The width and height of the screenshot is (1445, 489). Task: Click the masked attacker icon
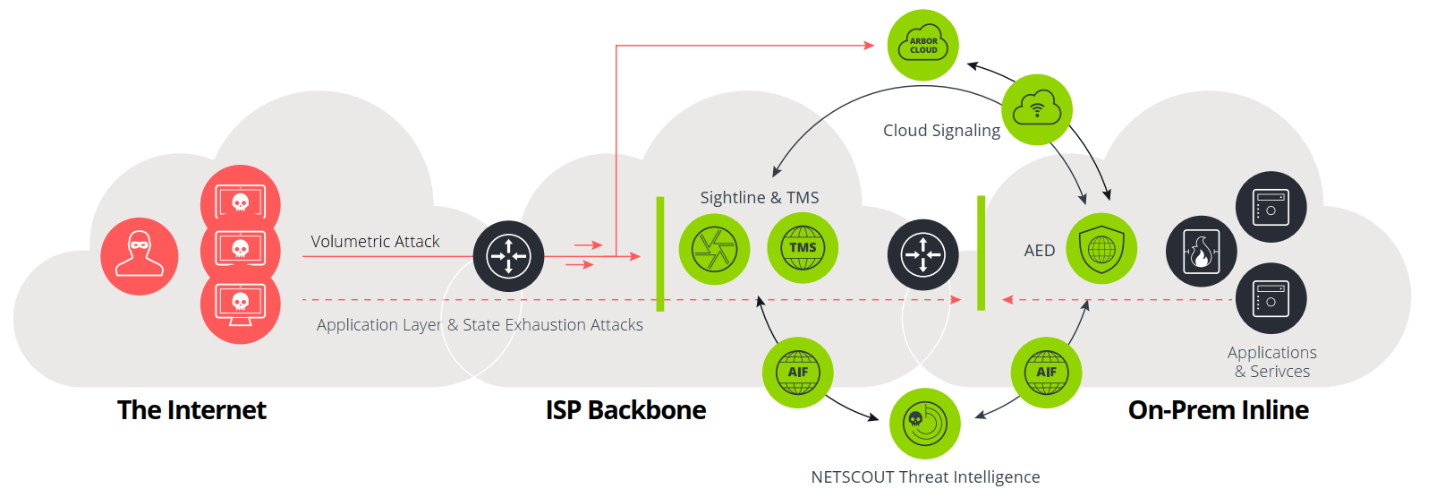(140, 256)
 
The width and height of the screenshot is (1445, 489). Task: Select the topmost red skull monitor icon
(240, 202)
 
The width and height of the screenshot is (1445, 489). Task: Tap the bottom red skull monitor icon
(240, 305)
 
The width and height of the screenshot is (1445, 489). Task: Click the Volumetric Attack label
(375, 241)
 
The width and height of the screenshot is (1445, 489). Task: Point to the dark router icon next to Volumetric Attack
(508, 256)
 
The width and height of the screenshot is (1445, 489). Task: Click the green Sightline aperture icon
(714, 249)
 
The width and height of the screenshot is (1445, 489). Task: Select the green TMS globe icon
(803, 248)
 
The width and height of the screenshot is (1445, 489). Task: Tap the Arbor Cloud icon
(922, 45)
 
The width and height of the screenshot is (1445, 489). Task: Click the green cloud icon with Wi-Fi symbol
(1036, 110)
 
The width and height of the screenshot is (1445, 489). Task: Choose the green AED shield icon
(1101, 249)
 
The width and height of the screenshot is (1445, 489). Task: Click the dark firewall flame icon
(1201, 251)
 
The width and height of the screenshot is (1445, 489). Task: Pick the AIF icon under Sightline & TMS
(797, 373)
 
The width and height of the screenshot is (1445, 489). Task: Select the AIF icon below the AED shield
(1046, 373)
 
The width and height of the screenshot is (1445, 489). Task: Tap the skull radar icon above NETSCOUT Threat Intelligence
(924, 423)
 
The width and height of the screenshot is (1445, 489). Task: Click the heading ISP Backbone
(625, 410)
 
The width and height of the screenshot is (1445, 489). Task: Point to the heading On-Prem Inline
(1218, 410)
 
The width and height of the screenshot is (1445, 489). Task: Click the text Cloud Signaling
(941, 131)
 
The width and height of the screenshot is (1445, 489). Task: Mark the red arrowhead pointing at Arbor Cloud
(868, 45)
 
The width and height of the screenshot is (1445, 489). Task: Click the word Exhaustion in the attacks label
(547, 325)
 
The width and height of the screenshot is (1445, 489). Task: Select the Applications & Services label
(1271, 362)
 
